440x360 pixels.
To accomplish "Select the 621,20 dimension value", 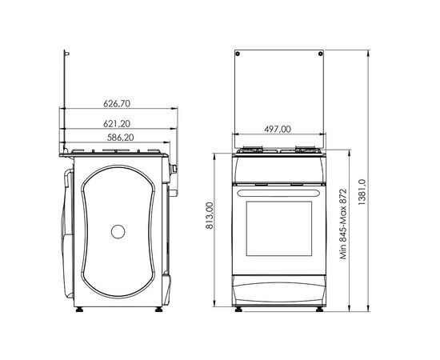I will (x=117, y=123).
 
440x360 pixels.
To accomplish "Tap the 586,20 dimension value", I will (x=117, y=138).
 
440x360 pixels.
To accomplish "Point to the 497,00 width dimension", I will (x=278, y=128).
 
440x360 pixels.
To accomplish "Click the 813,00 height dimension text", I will (x=210, y=216).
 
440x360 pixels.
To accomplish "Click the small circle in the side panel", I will (x=118, y=232).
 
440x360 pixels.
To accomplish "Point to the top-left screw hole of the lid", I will (x=239, y=53).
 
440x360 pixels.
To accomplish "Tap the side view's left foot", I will (x=79, y=310).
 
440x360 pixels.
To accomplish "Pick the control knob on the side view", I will (x=172, y=169).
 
